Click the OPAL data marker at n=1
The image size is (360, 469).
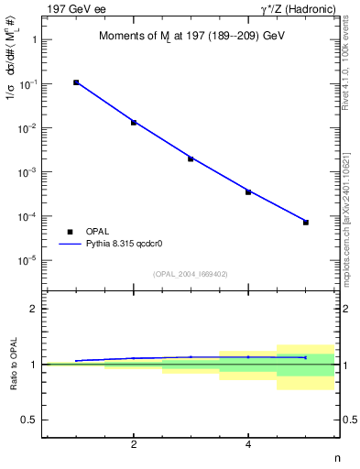coord(76,82)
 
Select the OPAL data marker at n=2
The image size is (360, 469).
coord(134,122)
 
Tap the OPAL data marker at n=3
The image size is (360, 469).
coord(191,158)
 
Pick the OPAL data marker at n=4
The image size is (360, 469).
coord(248,191)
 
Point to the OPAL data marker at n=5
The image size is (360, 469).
coord(306,222)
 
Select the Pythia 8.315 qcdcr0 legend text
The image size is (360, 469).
coord(128,245)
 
